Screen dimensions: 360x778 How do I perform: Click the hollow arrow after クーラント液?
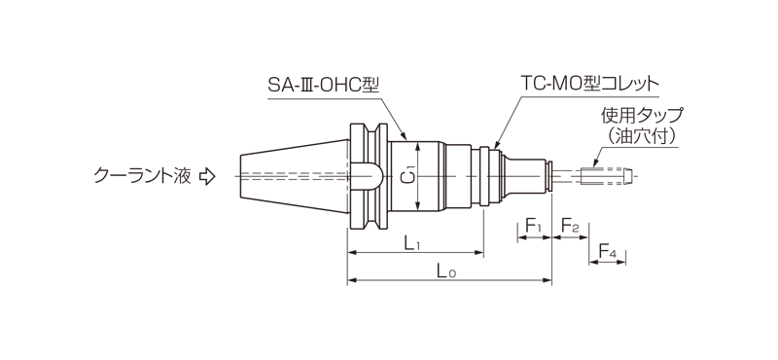tap(206, 176)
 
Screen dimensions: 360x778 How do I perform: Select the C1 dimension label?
tap(409, 176)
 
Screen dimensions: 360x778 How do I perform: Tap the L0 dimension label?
tap(446, 273)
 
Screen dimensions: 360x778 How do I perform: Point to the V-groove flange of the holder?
tap(364, 176)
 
